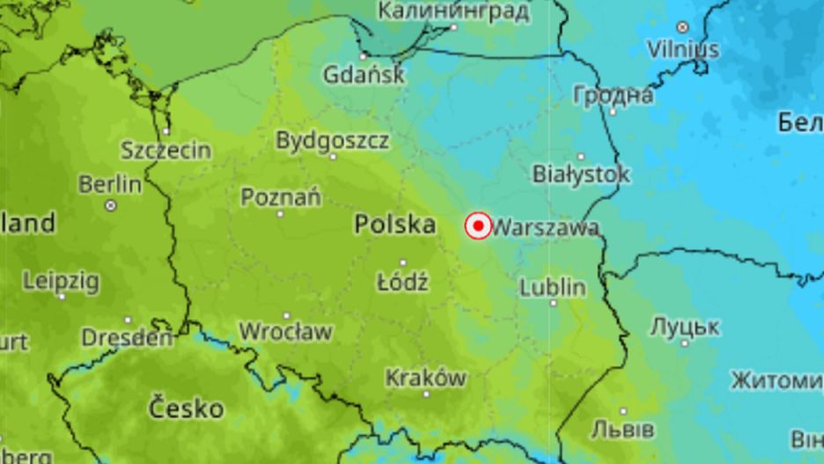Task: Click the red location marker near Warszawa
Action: coord(478,226)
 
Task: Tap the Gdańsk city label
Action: coord(364,75)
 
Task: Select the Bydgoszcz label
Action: coord(332,140)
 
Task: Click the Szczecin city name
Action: coord(166,150)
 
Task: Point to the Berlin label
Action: coord(110,185)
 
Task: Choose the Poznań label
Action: coord(281,197)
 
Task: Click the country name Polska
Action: coord(395,225)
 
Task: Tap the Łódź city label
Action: coord(402,283)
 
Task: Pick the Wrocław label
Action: coord(286,332)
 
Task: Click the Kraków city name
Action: coord(425,378)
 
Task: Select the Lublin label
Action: coord(553,287)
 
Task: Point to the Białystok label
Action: coord(581,174)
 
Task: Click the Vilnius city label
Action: coord(683,49)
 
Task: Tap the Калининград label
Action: coord(453,11)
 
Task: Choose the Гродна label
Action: coord(613,95)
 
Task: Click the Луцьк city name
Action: coord(684,328)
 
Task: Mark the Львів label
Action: coord(622,430)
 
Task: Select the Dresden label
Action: coord(128,337)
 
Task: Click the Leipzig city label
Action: coord(61,282)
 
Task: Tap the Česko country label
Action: coord(186,409)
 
